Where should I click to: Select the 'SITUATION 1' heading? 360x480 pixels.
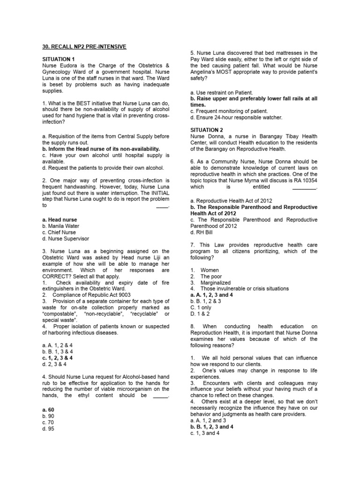59,59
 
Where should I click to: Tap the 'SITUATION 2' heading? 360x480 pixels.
207,129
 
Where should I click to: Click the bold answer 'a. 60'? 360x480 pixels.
48,409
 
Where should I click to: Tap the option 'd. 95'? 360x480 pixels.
48,428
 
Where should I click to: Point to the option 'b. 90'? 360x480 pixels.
48,416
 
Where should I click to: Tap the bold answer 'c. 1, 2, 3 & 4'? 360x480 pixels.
58,358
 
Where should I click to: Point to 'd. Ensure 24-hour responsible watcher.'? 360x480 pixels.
236,118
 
